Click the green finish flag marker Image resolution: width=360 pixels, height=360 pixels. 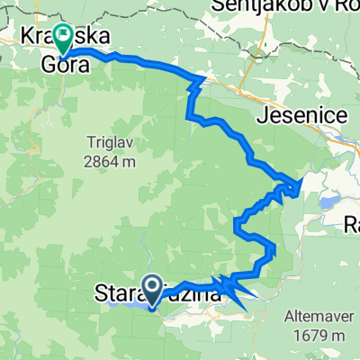(x=64, y=38)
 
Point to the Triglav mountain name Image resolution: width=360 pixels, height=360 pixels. (x=111, y=142)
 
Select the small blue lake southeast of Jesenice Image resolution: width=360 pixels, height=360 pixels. (x=332, y=203)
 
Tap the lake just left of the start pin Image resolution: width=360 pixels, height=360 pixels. (x=126, y=304)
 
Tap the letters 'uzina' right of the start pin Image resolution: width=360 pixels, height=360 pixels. (x=193, y=292)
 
